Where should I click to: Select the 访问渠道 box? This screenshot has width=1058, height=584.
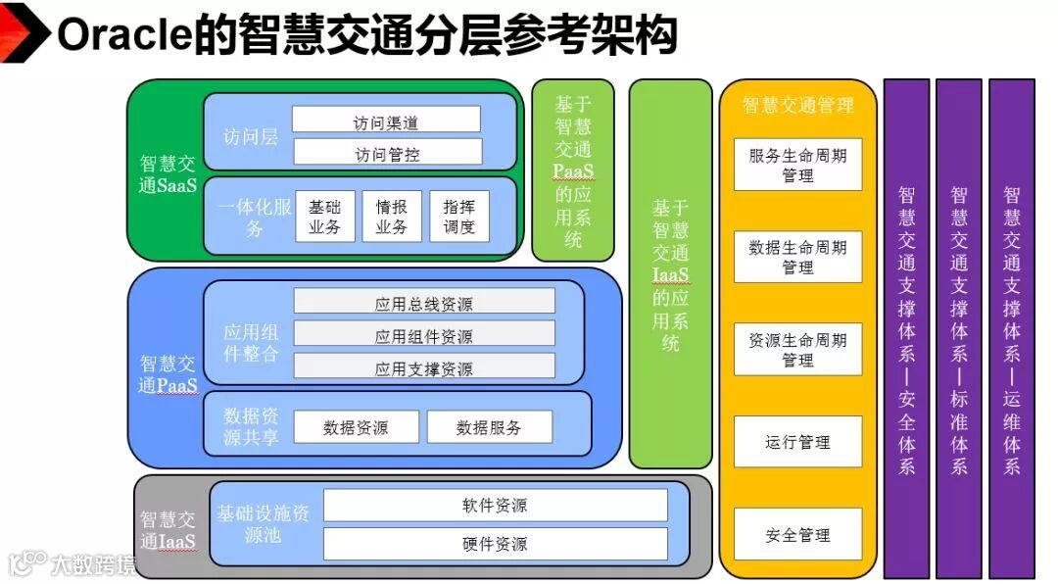click(x=386, y=121)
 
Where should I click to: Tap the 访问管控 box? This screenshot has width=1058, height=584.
click(x=386, y=152)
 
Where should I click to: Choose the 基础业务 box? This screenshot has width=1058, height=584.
click(x=324, y=217)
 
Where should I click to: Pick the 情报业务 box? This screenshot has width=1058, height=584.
click(x=392, y=217)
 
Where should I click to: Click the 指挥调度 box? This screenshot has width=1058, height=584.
click(x=458, y=217)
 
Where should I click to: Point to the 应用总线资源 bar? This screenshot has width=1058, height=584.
click(x=424, y=302)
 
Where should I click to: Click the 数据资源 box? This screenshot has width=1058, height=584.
click(x=355, y=426)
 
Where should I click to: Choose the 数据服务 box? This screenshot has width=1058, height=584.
click(x=489, y=426)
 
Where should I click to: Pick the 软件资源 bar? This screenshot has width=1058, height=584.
click(x=495, y=505)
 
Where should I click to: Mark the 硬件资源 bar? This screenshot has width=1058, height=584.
click(x=495, y=543)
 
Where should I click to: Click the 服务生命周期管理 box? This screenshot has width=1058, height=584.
click(x=797, y=165)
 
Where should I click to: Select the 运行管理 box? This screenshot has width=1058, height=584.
click(x=797, y=442)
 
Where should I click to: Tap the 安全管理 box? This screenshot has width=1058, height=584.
click(x=797, y=534)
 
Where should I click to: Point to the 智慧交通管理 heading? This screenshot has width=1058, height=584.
click(x=797, y=105)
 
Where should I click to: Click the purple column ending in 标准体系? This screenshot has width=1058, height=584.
click(x=958, y=328)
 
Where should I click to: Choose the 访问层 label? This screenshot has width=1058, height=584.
click(x=250, y=137)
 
